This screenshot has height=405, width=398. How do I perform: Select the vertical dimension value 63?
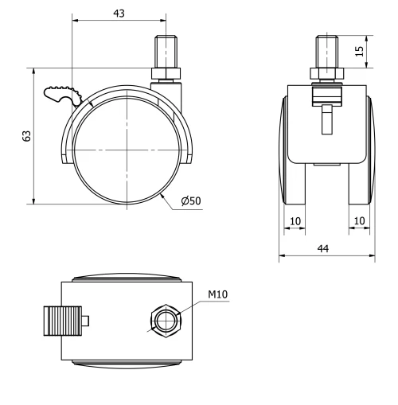click(x=26, y=135)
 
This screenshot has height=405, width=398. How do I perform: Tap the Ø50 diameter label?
click(x=190, y=202)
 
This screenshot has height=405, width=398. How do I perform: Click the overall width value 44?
click(x=326, y=248)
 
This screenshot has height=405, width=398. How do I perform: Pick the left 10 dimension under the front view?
click(x=295, y=220)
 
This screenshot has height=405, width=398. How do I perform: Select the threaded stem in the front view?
click(x=327, y=51)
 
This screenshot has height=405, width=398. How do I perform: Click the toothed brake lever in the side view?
click(x=60, y=96)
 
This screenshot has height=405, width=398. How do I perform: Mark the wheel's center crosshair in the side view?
click(x=127, y=150)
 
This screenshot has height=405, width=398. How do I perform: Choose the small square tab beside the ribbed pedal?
click(x=86, y=321)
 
